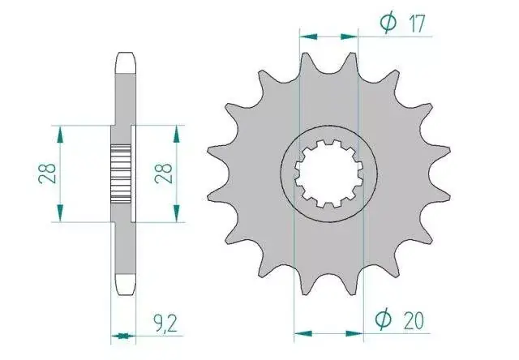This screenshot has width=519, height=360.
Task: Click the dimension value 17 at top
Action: (416, 24)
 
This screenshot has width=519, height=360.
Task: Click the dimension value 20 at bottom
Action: (414, 320)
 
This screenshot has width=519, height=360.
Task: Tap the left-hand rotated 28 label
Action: (47, 174)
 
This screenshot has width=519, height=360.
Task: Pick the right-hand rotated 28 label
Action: (163, 174)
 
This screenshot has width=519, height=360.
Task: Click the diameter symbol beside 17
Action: (388, 23)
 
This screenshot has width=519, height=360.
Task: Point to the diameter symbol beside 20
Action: (384, 319)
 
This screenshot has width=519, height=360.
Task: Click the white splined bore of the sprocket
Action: (328, 174)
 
